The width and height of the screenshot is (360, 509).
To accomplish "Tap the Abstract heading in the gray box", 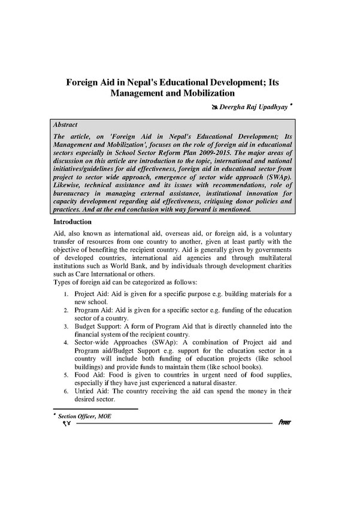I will tap(65, 125).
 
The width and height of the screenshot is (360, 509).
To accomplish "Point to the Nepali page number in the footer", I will tap(65, 424).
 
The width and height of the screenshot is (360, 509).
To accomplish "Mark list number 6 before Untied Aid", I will tap(66, 390).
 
